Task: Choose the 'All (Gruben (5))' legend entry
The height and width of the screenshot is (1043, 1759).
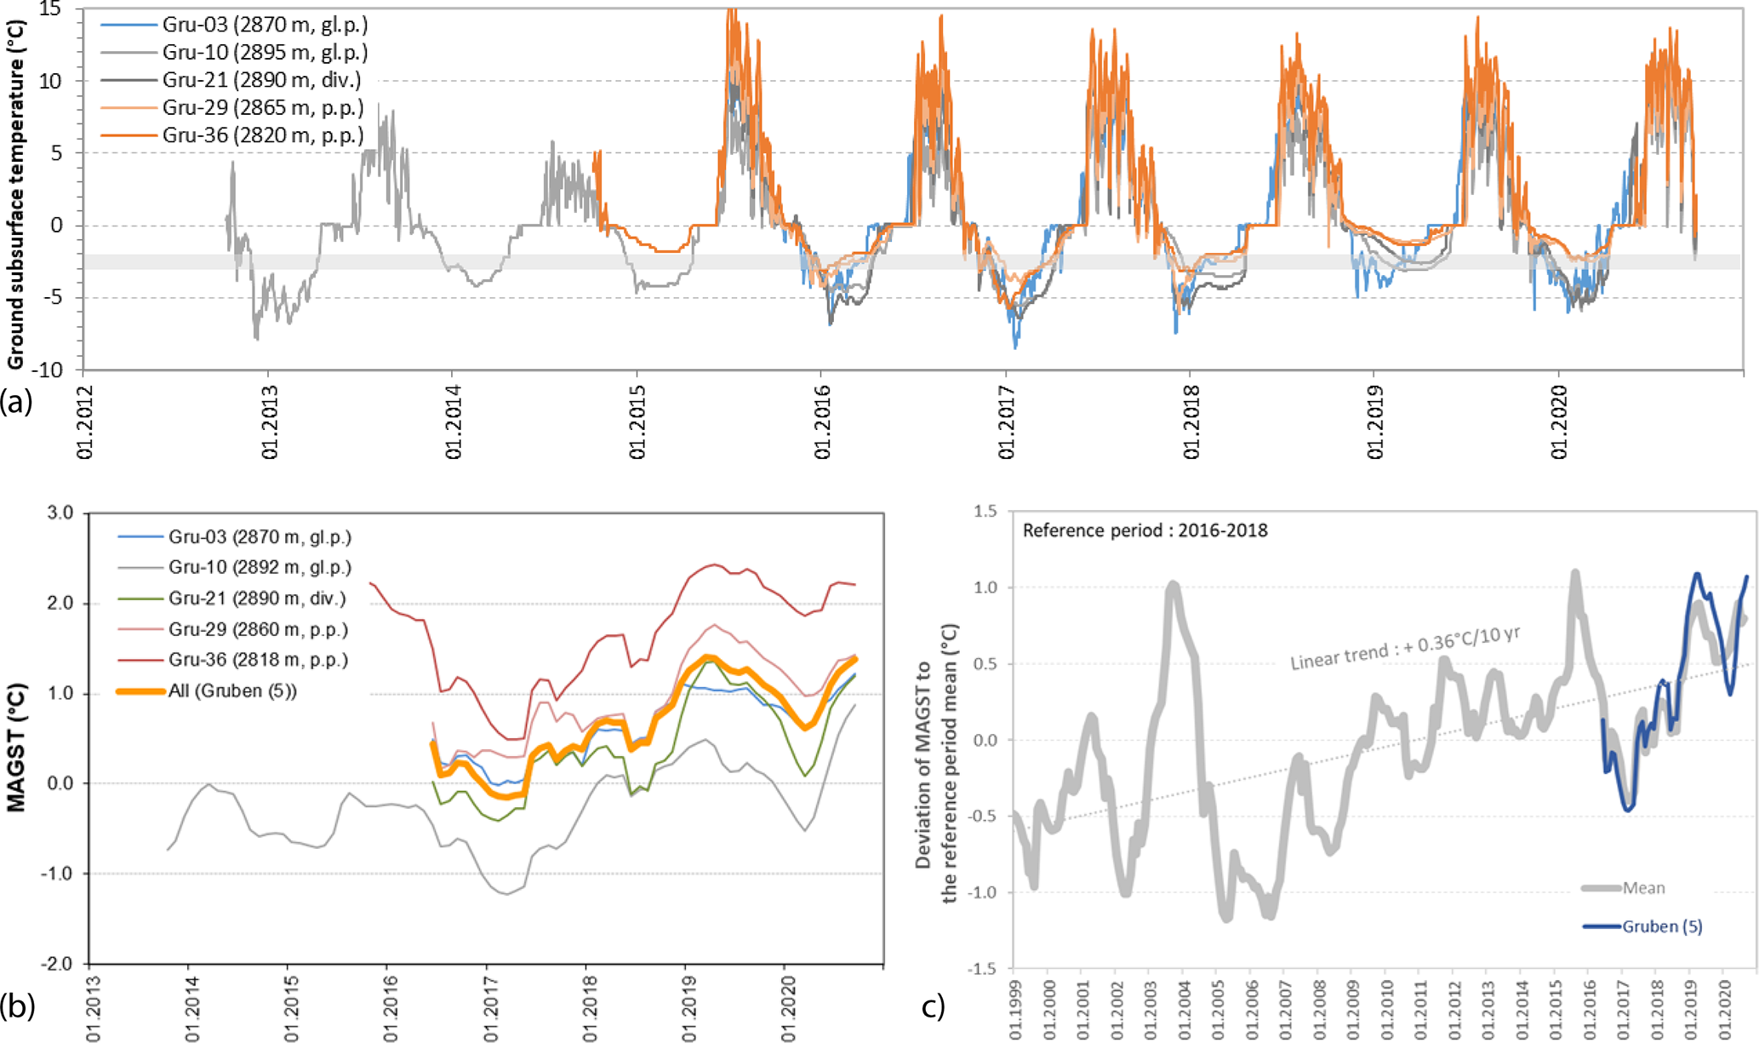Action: click(x=232, y=691)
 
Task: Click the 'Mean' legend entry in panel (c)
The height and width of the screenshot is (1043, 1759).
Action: click(x=1643, y=888)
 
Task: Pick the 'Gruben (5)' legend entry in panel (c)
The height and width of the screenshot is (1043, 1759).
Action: click(x=1662, y=926)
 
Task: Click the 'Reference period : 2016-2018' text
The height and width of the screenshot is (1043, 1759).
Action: click(x=1145, y=531)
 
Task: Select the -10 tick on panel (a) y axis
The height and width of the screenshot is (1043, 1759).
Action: click(x=50, y=370)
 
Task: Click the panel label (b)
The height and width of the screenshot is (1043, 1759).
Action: click(x=17, y=1006)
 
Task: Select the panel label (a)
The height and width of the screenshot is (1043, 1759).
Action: click(x=17, y=400)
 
